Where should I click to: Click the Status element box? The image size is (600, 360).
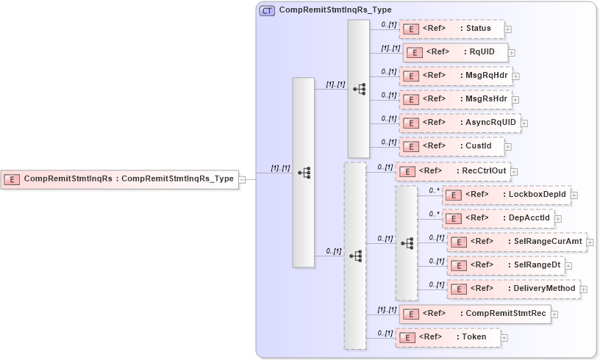click(451, 29)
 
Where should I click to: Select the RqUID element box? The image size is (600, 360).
click(455, 52)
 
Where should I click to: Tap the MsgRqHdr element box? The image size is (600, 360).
click(455, 75)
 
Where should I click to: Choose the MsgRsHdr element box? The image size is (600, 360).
click(455, 98)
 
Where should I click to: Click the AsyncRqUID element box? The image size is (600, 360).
click(460, 122)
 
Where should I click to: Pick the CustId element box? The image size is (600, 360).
click(451, 145)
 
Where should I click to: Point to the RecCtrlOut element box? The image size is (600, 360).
click(451, 171)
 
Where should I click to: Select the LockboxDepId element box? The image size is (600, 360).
click(507, 195)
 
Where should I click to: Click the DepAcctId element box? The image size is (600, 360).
click(498, 217)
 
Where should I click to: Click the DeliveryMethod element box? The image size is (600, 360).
click(512, 288)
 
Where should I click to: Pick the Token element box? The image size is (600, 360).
click(448, 336)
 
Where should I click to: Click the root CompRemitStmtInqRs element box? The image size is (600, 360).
click(120, 179)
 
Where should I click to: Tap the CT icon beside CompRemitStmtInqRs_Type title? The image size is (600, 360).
click(268, 10)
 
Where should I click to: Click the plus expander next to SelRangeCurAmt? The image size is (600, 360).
click(590, 242)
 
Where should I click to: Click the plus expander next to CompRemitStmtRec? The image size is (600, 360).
click(554, 314)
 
